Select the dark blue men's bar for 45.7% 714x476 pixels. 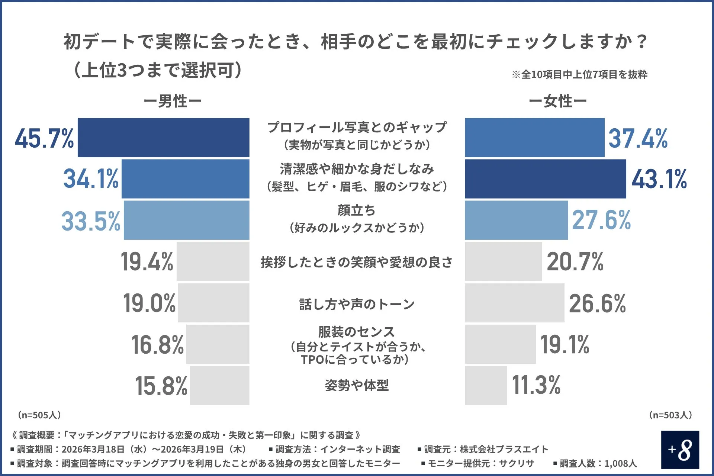point(164,138)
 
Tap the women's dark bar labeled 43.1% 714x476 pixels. point(545,179)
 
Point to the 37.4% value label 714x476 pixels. point(638,138)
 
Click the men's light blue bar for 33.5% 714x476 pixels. point(186,220)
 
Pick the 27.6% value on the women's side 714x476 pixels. point(601,220)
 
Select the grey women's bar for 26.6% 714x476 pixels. point(514,303)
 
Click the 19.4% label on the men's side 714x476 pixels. point(147,261)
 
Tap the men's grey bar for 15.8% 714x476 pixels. point(219,385)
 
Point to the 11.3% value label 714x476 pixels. point(536,385)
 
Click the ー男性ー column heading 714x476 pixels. point(173,101)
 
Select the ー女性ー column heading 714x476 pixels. point(557,101)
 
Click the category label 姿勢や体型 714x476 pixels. point(357,385)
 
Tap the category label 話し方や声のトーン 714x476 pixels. point(357,304)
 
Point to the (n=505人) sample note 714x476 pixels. point(39,415)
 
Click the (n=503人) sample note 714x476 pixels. point(670,415)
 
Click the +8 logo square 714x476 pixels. point(680,450)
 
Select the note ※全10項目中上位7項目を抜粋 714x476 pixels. point(579,74)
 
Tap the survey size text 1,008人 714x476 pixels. point(620,463)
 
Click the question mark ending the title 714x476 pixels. point(642,41)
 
